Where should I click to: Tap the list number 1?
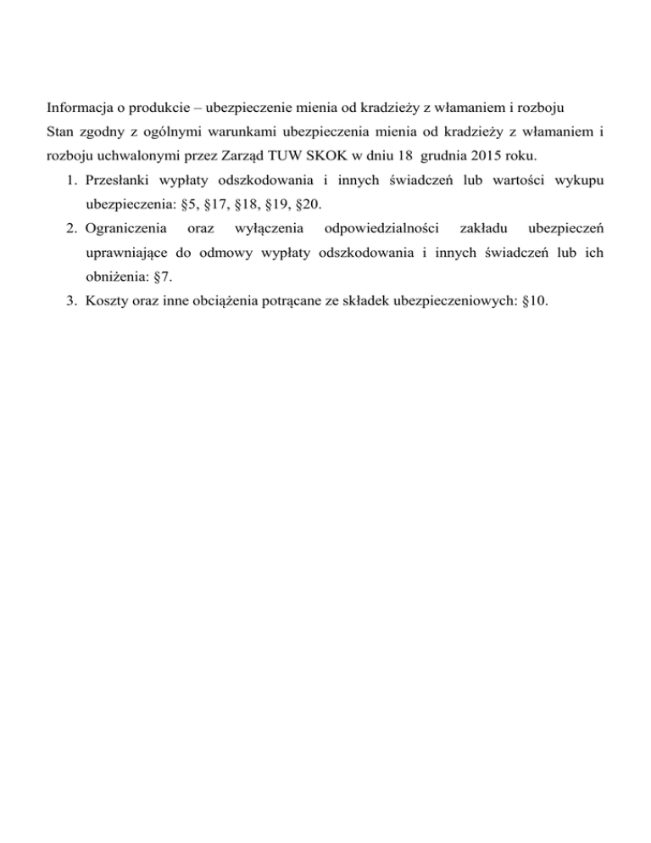[x=70, y=181]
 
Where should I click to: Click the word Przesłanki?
[x=118, y=181]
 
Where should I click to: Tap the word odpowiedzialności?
[x=375, y=228]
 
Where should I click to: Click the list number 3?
[x=70, y=299]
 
